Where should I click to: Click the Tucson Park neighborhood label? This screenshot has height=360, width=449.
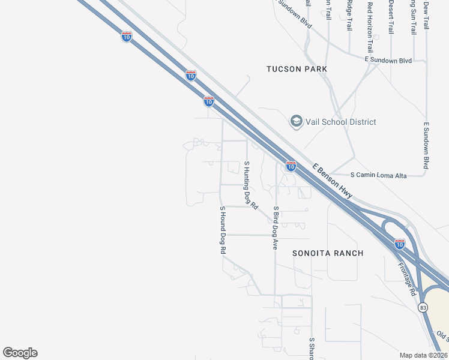297,69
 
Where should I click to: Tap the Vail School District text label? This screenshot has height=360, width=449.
340,122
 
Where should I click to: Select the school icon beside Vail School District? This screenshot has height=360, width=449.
295,122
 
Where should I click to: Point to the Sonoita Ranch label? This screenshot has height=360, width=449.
328,253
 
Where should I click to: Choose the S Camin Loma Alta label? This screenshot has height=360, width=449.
387,175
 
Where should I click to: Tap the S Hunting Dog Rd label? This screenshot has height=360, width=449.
250,185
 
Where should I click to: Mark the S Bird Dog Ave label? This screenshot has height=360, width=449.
276,228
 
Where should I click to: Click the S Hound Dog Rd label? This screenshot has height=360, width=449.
222,229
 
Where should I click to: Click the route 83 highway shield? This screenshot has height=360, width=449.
423,307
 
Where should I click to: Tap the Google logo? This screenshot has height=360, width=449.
20,353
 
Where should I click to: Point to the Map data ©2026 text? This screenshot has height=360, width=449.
423,355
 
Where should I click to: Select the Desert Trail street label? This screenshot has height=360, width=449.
391,17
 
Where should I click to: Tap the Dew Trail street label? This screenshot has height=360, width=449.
426,15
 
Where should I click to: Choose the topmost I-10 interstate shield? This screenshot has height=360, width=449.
126,37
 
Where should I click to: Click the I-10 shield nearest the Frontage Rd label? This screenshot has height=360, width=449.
400,244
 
